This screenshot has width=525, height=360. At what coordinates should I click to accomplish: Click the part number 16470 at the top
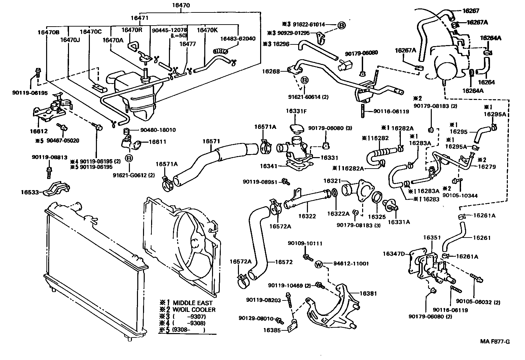click(181, 5)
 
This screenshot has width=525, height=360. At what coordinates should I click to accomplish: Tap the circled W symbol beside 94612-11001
click(319, 264)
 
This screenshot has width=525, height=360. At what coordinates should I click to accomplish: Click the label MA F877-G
click(495, 342)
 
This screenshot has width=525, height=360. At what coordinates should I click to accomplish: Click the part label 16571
click(211, 141)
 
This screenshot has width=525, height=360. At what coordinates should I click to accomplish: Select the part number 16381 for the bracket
click(368, 293)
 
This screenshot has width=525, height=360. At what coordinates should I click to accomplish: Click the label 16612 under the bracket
click(38, 131)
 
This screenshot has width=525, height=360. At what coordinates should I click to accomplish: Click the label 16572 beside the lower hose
click(284, 262)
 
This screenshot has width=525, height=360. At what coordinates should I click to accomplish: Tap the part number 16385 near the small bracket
click(272, 330)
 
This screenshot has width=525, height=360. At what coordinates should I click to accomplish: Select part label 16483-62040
click(238, 38)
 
